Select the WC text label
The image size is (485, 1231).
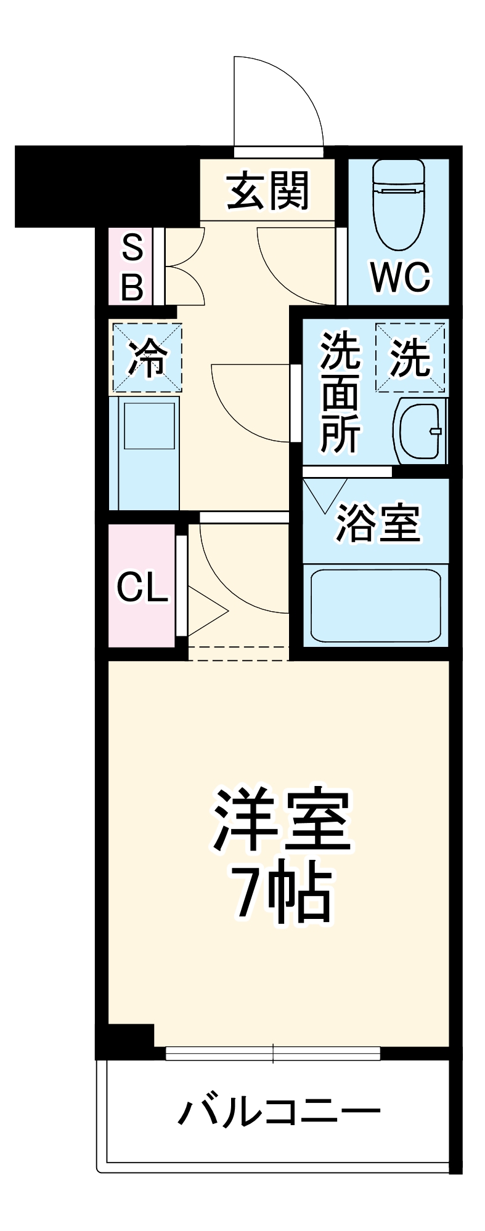[400, 278]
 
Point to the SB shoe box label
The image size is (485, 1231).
[132, 266]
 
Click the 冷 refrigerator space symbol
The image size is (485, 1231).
[147, 358]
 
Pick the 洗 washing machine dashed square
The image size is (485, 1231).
[410, 358]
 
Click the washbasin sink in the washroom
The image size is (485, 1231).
[421, 431]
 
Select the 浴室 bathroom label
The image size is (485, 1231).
[378, 524]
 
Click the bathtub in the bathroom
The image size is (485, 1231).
[375, 605]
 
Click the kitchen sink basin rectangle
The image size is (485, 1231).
[149, 425]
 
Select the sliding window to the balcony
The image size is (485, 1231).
[273, 1053]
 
